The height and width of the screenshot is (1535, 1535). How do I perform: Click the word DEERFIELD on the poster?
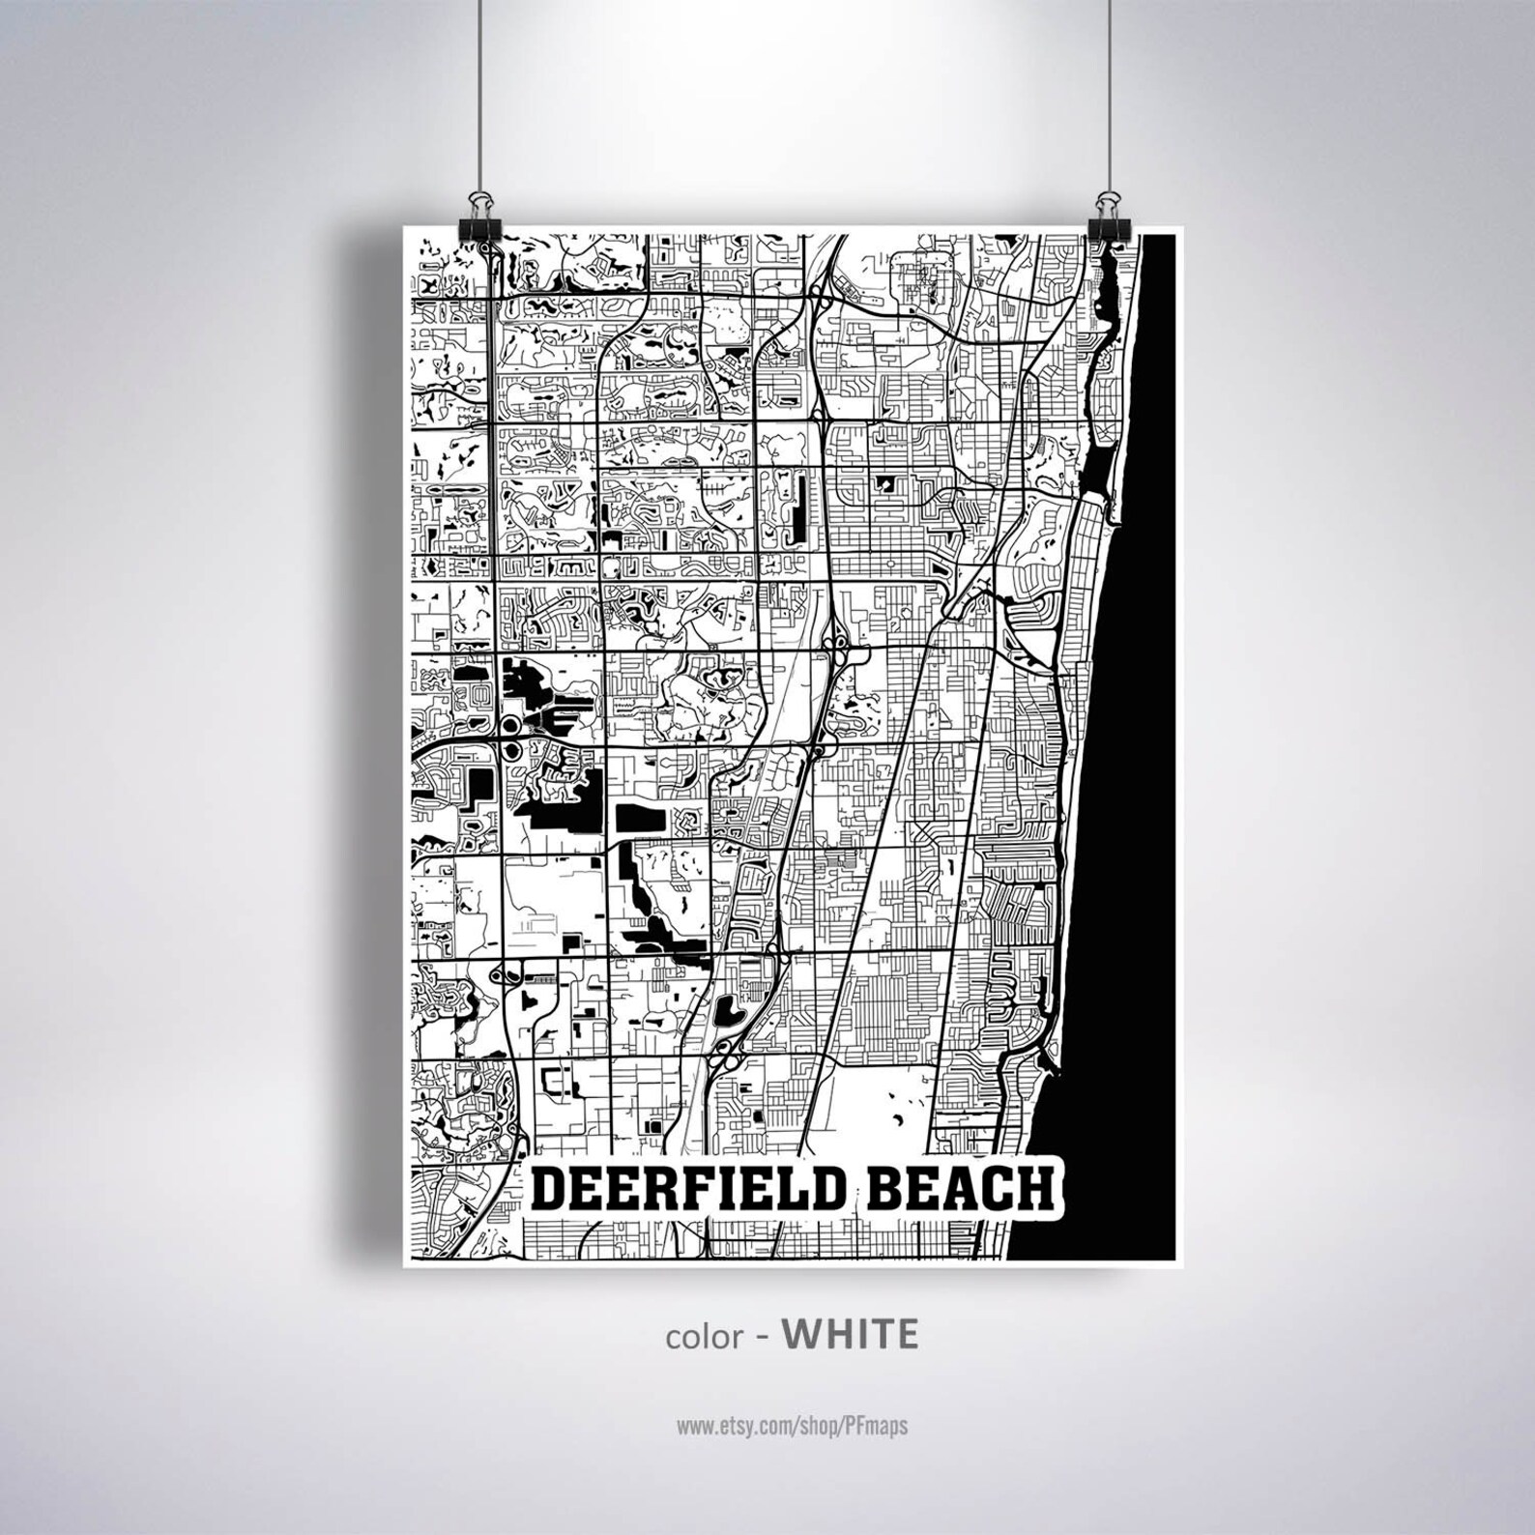click(692, 1188)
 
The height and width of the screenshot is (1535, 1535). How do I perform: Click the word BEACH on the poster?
click(958, 1188)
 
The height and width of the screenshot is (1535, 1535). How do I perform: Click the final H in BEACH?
click(1033, 1188)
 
